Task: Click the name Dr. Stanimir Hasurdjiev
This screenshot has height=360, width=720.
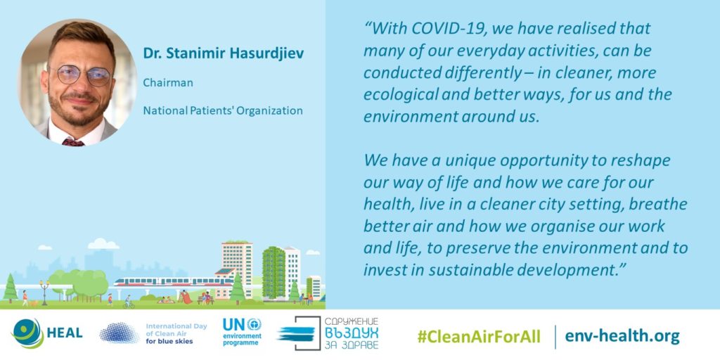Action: click(x=223, y=53)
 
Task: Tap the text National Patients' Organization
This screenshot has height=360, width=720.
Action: click(x=223, y=110)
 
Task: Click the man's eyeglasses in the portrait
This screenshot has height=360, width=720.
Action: click(x=82, y=75)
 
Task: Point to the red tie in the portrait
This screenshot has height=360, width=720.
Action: click(x=73, y=141)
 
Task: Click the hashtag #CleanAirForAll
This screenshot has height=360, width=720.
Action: click(x=479, y=336)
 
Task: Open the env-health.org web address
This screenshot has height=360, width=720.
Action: click(x=622, y=336)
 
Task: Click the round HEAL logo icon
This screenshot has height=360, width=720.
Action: click(x=27, y=333)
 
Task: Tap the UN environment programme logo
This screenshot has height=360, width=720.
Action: click(x=242, y=332)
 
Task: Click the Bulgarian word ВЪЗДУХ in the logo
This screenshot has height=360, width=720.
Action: click(x=352, y=332)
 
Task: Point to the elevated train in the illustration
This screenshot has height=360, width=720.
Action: click(x=174, y=281)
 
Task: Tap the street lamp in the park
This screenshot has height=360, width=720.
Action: click(x=44, y=292)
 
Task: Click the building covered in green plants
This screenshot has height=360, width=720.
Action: click(x=274, y=273)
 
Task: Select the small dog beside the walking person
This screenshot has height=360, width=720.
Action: click(x=33, y=303)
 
